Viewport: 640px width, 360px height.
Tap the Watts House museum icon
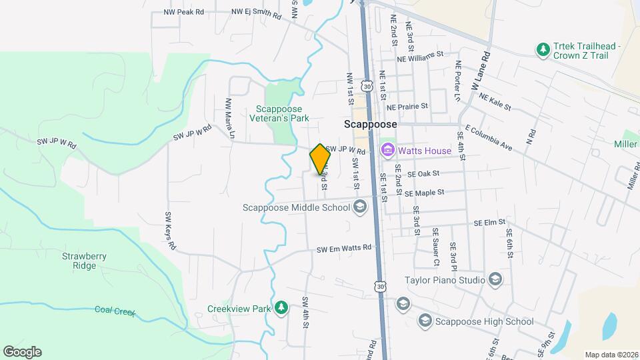[387, 151]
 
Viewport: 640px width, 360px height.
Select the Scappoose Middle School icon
[360, 207]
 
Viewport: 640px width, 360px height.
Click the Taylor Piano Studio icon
[495, 279]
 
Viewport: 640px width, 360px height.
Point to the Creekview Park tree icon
[282, 307]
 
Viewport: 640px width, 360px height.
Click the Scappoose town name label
[371, 125]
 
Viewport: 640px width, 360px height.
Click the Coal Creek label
[115, 310]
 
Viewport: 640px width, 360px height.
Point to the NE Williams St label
[420, 57]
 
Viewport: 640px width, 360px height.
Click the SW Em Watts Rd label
[343, 249]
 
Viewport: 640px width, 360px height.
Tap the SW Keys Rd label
[170, 231]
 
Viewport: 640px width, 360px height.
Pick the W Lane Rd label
[481, 70]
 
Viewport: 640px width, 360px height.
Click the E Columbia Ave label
[489, 137]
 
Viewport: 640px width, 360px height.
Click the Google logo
[22, 351]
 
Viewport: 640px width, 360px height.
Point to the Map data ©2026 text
[611, 355]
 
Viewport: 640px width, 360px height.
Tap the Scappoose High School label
[484, 321]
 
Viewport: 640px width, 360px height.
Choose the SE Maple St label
[424, 193]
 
